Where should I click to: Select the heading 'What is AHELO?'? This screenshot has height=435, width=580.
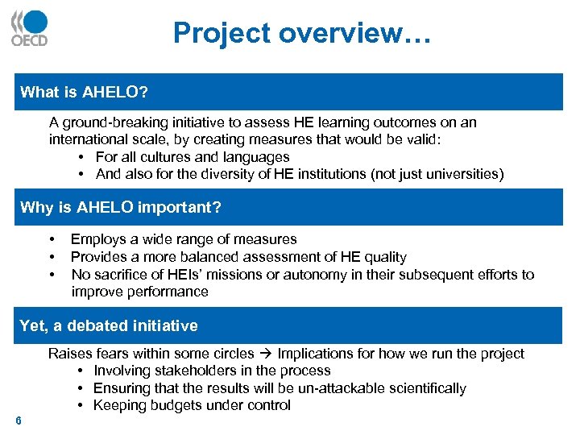[84, 92]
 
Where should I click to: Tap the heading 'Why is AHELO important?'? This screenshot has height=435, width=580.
[120, 208]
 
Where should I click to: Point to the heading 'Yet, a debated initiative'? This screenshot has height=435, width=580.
[108, 325]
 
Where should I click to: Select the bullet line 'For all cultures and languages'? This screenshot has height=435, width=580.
[193, 157]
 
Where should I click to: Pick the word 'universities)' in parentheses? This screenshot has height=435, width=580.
[466, 174]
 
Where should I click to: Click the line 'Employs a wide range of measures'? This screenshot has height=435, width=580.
[184, 239]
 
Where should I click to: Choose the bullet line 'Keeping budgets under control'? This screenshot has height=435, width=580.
[192, 405]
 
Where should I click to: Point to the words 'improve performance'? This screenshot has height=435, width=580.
[139, 292]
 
